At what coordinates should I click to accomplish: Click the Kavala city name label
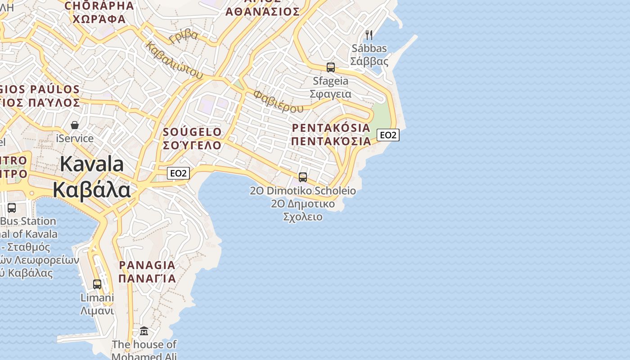click(x=92, y=176)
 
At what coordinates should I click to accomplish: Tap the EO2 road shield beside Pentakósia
click(x=388, y=135)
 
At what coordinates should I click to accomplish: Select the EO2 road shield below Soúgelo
click(x=178, y=173)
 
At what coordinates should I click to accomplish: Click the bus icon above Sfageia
click(x=331, y=67)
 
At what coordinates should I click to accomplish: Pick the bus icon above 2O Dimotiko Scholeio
click(x=303, y=177)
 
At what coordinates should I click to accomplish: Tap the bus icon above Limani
click(x=97, y=284)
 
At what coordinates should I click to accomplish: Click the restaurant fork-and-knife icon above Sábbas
click(x=369, y=35)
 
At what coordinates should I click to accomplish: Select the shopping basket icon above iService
click(x=75, y=125)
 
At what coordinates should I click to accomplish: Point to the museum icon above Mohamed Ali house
click(x=144, y=331)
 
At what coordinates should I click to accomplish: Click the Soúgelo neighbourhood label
click(x=192, y=139)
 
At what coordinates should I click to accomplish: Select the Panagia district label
click(x=147, y=271)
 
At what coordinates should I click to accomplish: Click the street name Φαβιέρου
click(x=278, y=101)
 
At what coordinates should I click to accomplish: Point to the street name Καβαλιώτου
click(x=174, y=61)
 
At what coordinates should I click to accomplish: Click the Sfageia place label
click(x=330, y=87)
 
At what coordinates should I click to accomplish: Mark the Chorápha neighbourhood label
click(x=99, y=12)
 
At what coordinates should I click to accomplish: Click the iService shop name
click(x=75, y=139)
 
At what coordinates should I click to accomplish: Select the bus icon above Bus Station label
click(x=12, y=208)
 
